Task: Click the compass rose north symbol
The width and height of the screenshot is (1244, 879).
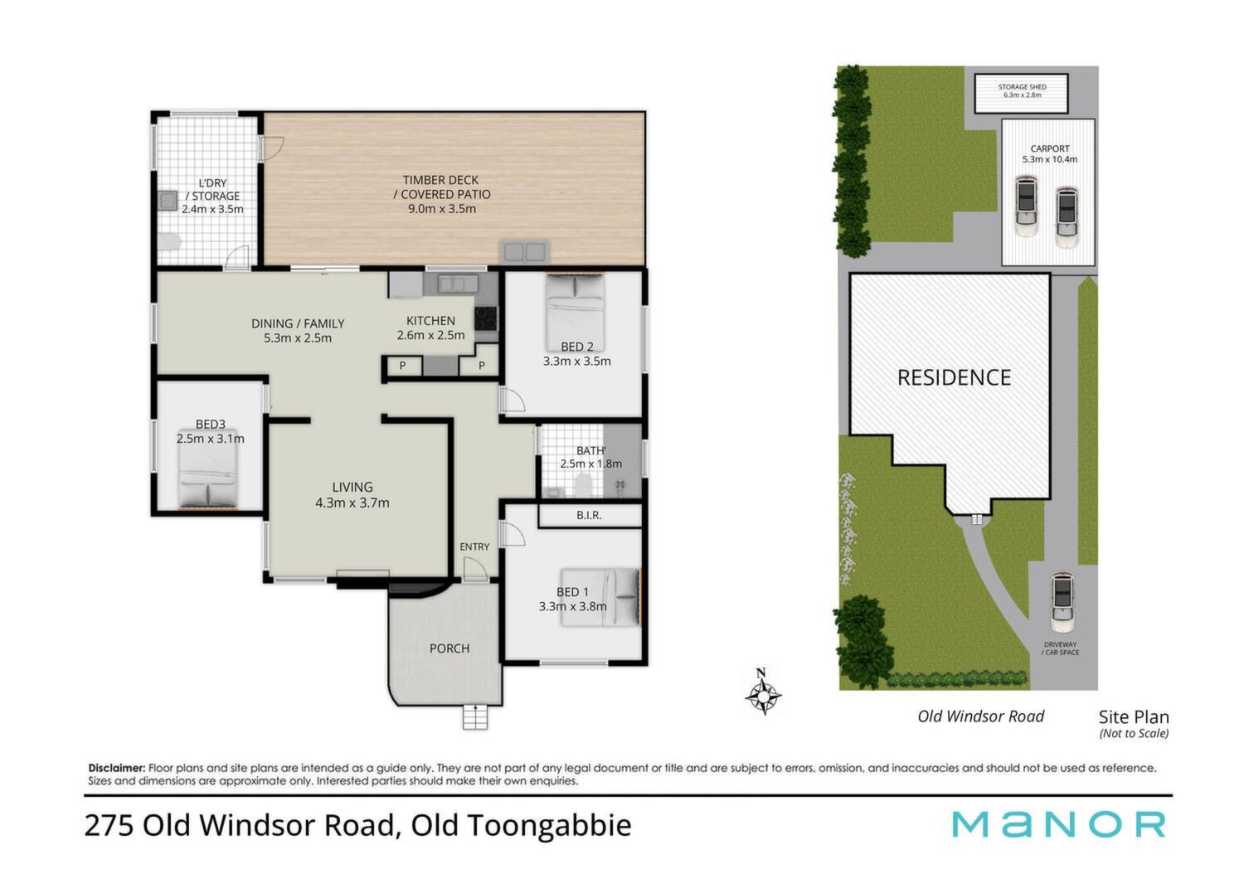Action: (x=763, y=692)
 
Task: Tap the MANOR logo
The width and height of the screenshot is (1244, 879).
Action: (x=1058, y=824)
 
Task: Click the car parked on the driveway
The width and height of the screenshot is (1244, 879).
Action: (x=1062, y=603)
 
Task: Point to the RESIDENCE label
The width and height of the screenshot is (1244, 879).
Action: (x=954, y=377)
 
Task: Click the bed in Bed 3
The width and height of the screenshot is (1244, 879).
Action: (x=208, y=468)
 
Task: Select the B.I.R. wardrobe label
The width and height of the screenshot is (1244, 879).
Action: (x=589, y=515)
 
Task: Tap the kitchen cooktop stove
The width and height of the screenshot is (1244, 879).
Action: (x=485, y=318)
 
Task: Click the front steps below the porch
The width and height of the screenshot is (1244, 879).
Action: (x=475, y=716)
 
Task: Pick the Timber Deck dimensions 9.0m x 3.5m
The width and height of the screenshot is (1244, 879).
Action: (x=442, y=209)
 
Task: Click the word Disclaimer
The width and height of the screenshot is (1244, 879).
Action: (x=117, y=768)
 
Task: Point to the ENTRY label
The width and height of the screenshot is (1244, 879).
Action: (x=474, y=547)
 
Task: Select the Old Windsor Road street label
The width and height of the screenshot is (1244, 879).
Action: (x=981, y=716)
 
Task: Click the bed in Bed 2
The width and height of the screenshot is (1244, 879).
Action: (x=575, y=312)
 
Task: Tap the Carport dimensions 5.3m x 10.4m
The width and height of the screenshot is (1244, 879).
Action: (x=1050, y=159)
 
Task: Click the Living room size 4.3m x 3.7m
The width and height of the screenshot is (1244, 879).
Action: (x=352, y=503)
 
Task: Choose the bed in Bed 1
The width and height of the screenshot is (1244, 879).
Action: (x=600, y=597)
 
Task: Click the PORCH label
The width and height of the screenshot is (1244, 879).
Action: (x=449, y=648)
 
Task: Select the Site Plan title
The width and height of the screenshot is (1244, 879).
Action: (x=1134, y=716)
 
